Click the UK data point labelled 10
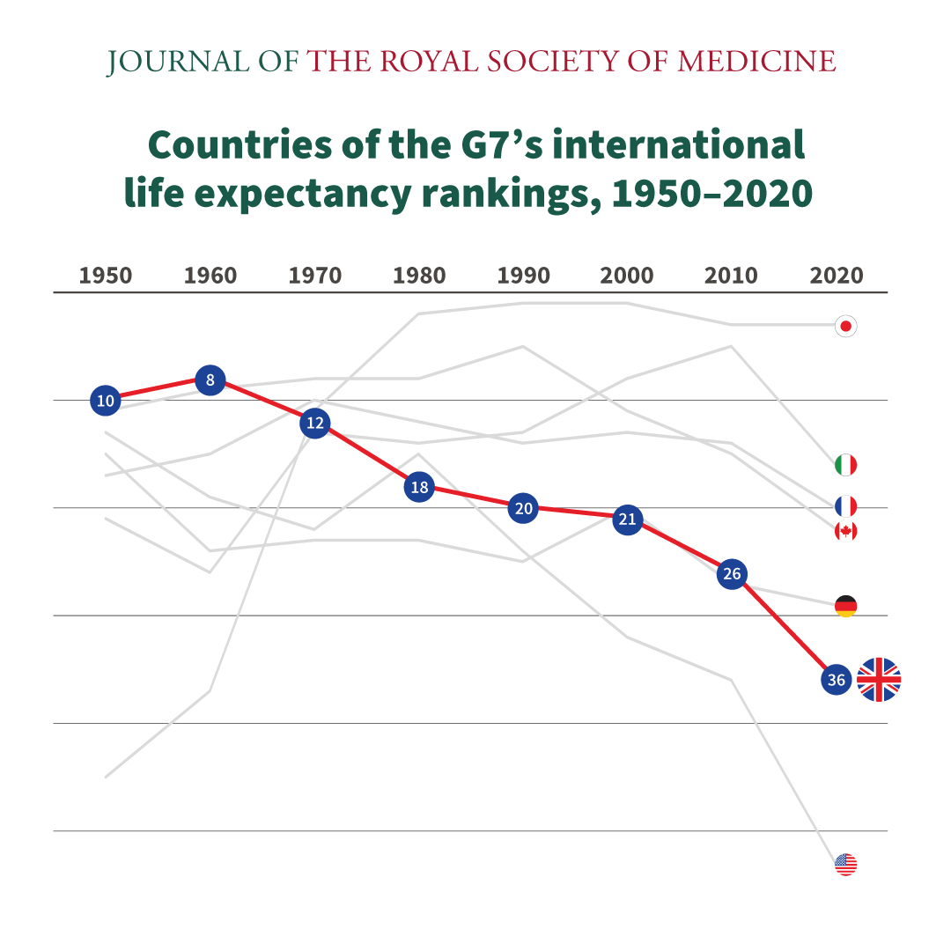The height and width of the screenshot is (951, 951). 106,401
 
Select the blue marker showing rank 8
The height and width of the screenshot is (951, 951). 210,380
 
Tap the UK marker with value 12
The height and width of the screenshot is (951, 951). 314,424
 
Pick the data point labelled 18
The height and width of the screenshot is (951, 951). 419,487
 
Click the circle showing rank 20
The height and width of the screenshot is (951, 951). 524,508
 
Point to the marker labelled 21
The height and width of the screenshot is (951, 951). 627,520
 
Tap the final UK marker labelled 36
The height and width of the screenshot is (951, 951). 837,680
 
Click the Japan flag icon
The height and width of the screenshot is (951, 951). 845,327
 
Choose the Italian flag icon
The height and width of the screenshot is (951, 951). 845,465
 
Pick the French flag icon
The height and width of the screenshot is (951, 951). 845,506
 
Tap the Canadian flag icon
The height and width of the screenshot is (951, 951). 845,531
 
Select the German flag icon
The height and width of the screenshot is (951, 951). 845,606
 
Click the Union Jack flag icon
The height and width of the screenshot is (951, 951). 879,680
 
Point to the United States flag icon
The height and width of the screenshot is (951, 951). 845,864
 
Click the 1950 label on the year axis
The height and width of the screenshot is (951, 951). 106,276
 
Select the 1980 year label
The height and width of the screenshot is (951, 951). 419,276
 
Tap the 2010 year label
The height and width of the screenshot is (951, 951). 731,276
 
